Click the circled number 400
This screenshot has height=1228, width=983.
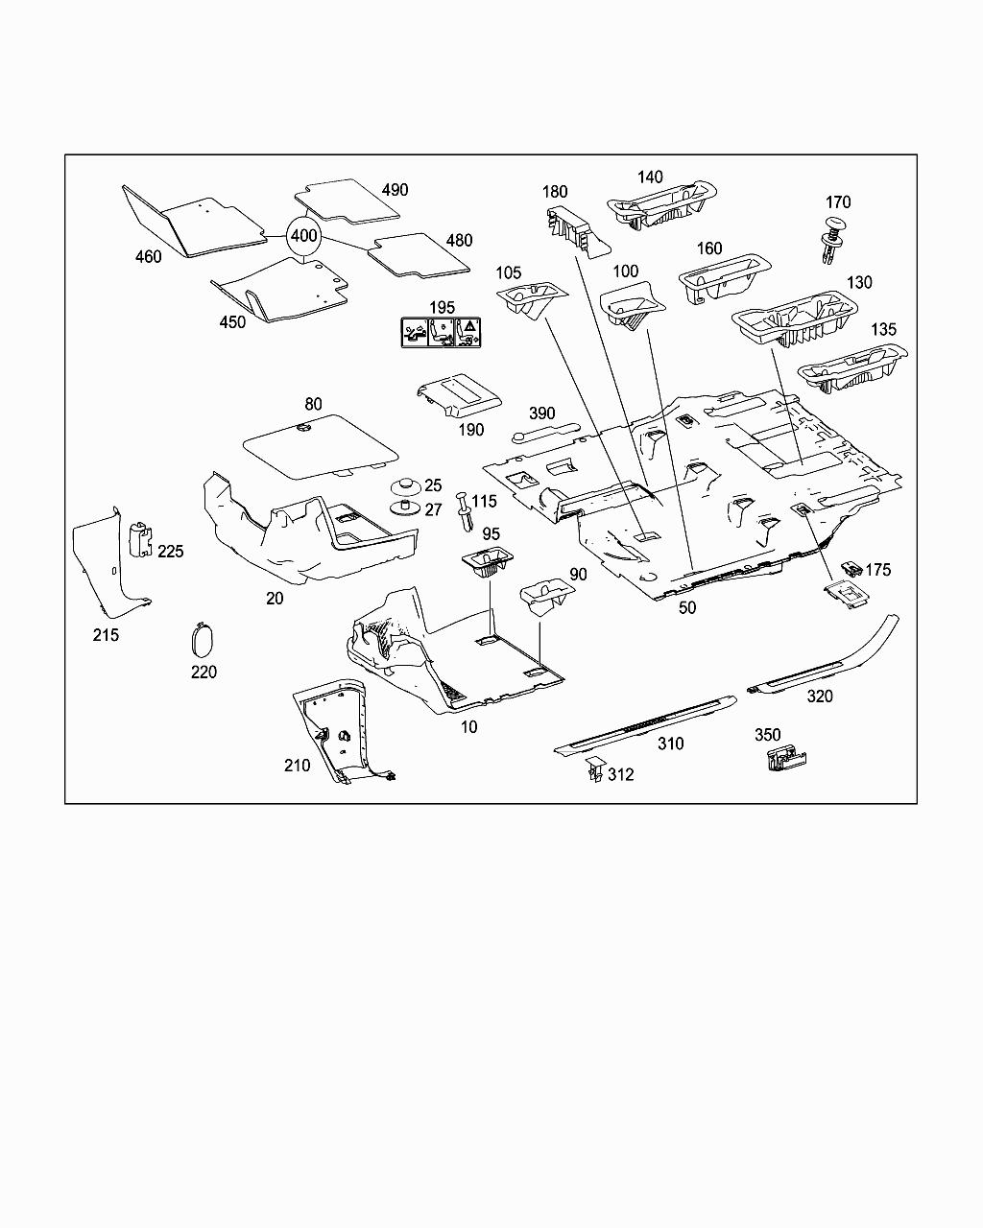tap(303, 235)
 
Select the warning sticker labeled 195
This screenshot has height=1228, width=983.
tap(441, 332)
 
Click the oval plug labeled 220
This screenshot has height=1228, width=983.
tap(202, 638)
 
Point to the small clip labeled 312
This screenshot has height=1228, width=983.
tap(593, 770)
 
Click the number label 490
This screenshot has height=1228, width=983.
tap(395, 189)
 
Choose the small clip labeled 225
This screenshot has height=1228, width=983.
tap(142, 538)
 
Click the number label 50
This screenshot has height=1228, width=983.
tap(687, 607)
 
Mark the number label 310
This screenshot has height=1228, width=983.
tap(670, 744)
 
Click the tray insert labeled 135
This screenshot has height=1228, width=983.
tap(851, 368)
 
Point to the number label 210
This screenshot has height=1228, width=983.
tap(298, 765)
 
